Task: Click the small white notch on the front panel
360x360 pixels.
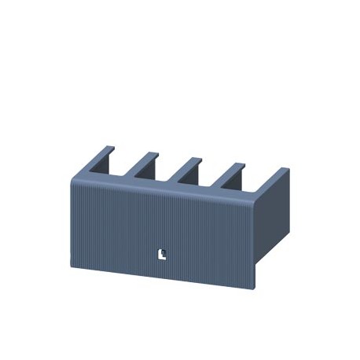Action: point(162,253)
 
